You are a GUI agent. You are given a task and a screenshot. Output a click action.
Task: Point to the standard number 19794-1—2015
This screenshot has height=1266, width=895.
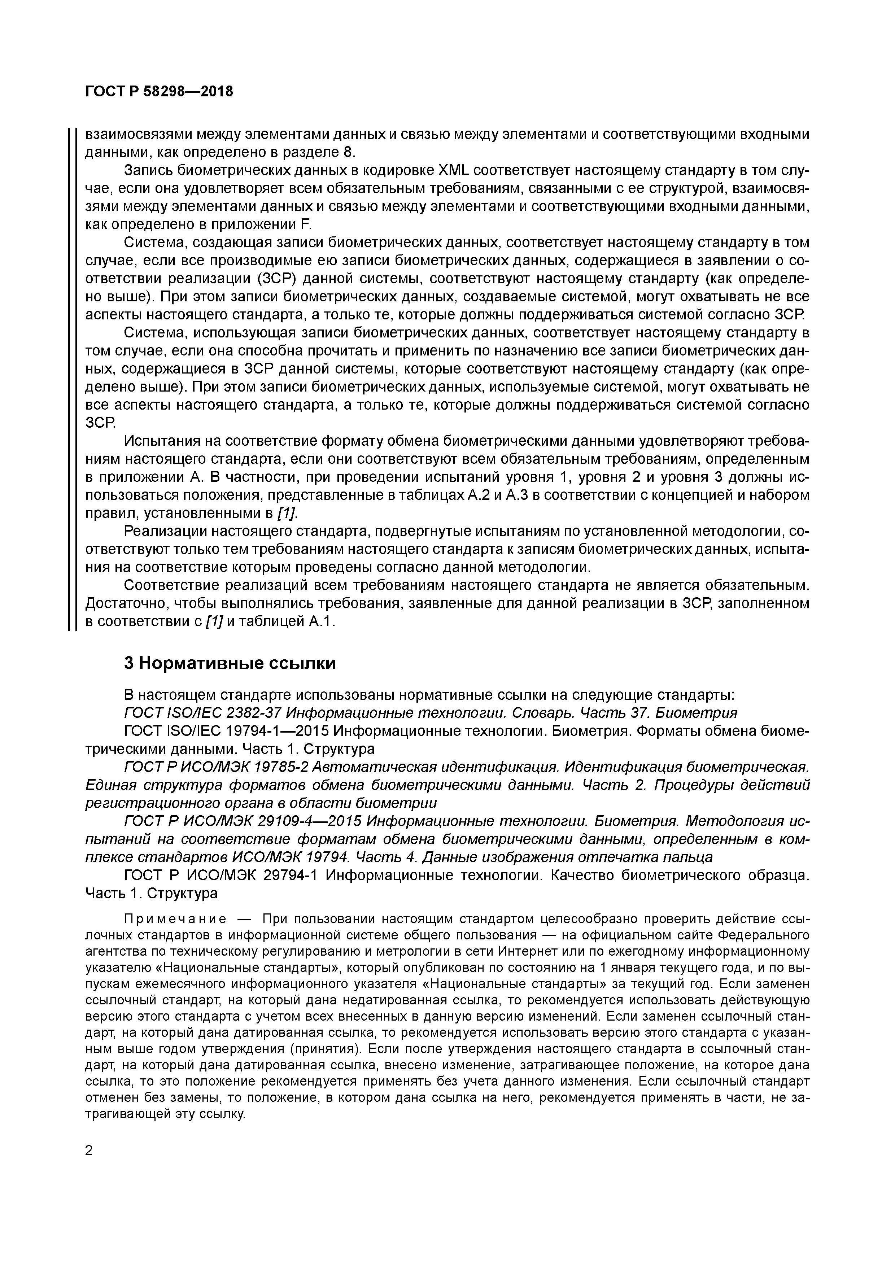[x=278, y=731]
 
